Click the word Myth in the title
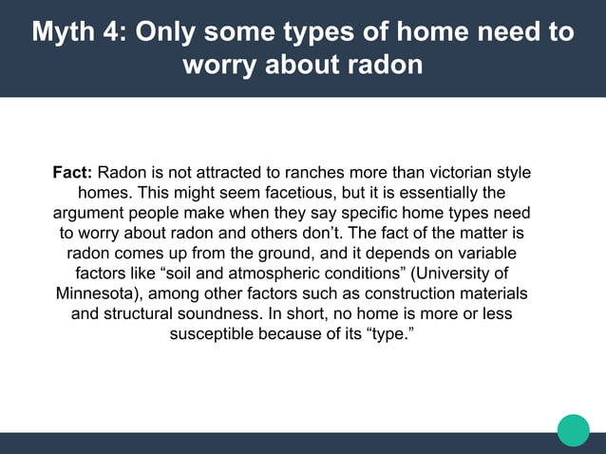point(67,31)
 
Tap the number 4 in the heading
point(115,31)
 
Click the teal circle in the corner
point(573,429)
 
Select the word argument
point(91,214)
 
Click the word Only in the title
point(170,31)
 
